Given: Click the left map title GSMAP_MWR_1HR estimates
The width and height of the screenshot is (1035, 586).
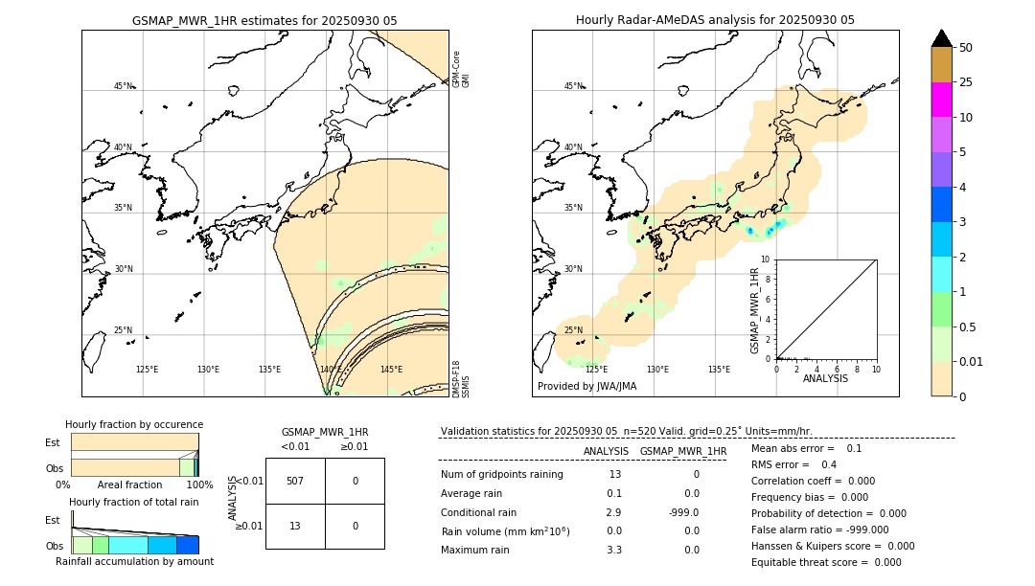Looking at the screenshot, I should coord(264,20).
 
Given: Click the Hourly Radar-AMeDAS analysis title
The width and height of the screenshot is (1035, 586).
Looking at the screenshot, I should coord(715,20).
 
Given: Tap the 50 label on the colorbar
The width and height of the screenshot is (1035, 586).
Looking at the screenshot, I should coord(966,48).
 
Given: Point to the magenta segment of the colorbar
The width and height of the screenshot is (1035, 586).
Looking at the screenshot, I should coord(941,100).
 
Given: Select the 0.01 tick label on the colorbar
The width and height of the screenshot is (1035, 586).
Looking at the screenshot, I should coord(972,361).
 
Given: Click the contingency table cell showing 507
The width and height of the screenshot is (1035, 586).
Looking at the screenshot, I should coord(295,481).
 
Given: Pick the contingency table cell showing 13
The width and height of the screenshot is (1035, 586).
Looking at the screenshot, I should coord(295,526).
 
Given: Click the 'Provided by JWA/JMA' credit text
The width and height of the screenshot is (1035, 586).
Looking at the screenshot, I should coord(586,386).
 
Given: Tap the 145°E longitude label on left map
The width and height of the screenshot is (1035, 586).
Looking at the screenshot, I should coord(391,370).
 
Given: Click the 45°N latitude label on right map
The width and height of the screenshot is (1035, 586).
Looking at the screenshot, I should coord(573,87).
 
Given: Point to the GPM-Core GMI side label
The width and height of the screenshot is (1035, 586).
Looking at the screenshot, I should coord(461,69).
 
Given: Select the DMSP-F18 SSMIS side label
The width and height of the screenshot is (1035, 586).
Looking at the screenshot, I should coord(461,379).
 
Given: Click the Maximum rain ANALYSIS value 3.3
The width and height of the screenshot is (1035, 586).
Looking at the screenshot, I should coord(614,550).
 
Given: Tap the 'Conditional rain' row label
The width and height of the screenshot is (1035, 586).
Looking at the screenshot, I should coord(478,512).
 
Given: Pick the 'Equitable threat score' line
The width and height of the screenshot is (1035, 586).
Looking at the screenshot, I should coord(826,562).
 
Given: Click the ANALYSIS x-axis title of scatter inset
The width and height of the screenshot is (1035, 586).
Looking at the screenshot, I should coord(825,378).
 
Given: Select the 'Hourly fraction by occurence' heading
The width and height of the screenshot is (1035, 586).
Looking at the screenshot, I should coord(134,424).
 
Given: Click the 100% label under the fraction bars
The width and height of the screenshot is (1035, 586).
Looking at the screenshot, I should coord(198,485).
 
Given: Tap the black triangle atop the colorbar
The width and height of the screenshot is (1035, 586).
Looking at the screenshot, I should coord(941,38).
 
